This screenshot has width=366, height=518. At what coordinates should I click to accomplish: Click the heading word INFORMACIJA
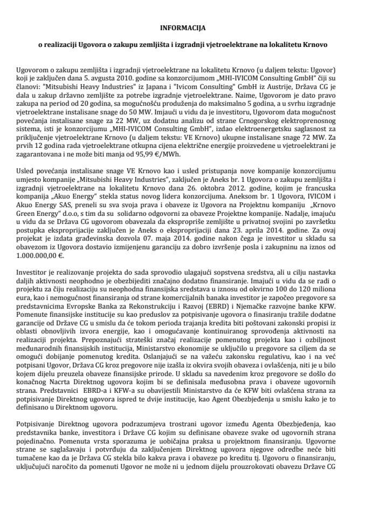[183, 25]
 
